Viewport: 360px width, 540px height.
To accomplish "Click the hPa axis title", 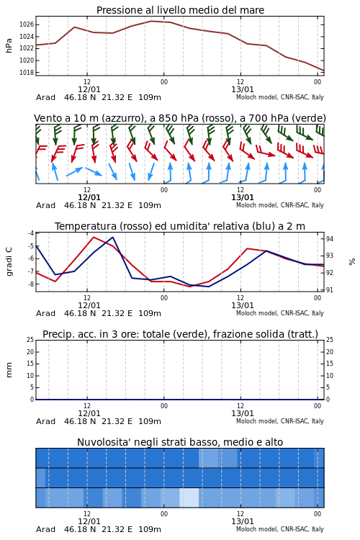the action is pyautogui.click(x=9, y=45).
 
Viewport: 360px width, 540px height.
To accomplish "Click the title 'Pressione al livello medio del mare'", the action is pyautogui.click(x=180, y=10).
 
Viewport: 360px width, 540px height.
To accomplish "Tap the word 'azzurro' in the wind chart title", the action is pyautogui.click(x=123, y=119).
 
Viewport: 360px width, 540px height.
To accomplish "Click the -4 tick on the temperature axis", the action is pyautogui.click(x=31, y=233).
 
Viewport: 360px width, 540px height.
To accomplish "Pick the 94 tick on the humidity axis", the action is pyautogui.click(x=329, y=239).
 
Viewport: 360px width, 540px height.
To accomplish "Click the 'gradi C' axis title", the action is pyautogui.click(x=9, y=261).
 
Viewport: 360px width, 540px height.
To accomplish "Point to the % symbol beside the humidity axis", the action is pyautogui.click(x=352, y=262).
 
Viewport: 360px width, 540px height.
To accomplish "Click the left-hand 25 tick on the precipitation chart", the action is pyautogui.click(x=30, y=340).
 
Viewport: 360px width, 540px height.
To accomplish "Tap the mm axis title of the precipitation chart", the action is pyautogui.click(x=9, y=369).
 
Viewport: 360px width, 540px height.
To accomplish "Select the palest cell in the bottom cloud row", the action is pyautogui.click(x=189, y=498).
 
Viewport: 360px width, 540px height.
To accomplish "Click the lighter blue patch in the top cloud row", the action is pyautogui.click(x=218, y=458).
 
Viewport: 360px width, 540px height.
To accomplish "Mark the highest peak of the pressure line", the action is pyautogui.click(x=152, y=21).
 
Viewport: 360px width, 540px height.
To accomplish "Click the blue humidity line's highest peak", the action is pyautogui.click(x=112, y=238).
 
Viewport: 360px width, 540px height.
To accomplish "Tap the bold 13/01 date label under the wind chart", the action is pyautogui.click(x=243, y=198).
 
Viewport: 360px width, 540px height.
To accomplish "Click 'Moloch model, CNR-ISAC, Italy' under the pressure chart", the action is pyautogui.click(x=280, y=97).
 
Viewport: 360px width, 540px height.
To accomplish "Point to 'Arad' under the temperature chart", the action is pyautogui.click(x=45, y=313).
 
